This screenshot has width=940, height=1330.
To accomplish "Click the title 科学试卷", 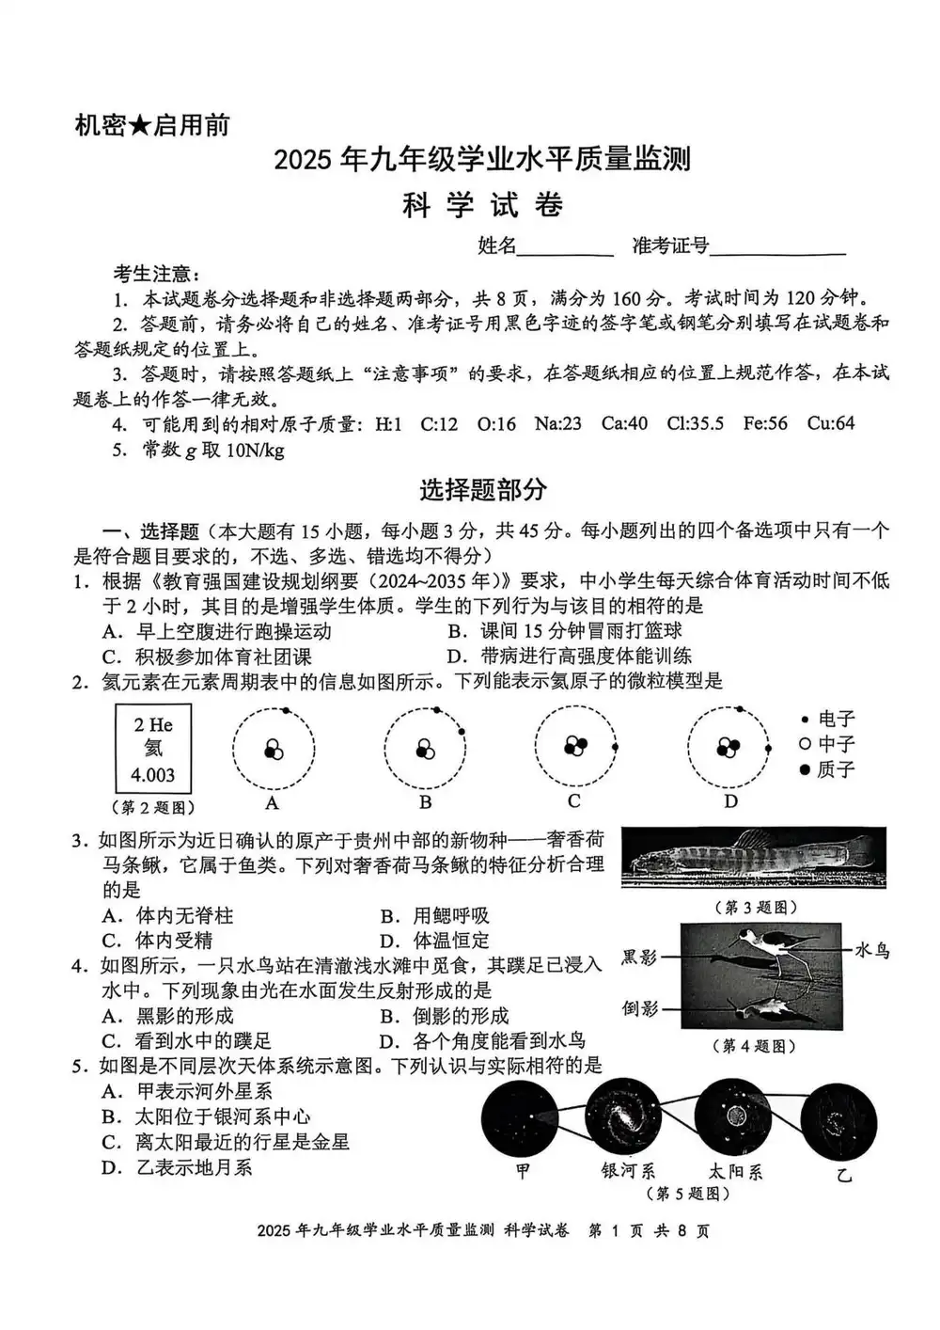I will tap(482, 205).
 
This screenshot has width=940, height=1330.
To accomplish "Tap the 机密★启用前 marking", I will tap(151, 125).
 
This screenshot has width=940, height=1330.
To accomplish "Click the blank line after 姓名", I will tap(566, 247).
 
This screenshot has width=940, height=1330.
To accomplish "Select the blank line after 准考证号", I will tap(777, 247).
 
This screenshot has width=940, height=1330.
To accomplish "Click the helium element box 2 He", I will tap(153, 749).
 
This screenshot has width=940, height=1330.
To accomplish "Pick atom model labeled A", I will tap(274, 749).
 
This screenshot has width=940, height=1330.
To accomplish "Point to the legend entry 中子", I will tap(827, 745).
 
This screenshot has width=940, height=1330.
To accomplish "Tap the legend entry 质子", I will tap(827, 770).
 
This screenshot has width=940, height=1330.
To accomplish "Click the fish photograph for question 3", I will tap(753, 857).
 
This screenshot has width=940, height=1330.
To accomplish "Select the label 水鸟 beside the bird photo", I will tap(871, 951).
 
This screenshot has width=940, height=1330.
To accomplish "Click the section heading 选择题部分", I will tap(482, 490).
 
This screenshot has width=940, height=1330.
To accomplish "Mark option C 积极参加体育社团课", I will tap(208, 657).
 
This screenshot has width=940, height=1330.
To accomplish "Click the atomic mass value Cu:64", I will tap(831, 423).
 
